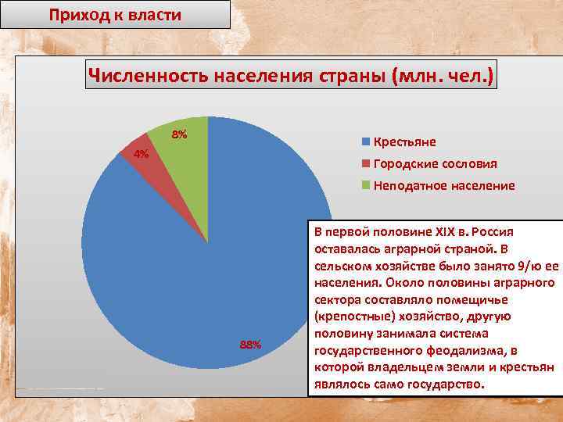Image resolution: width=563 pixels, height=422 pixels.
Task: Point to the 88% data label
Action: [x=250, y=345]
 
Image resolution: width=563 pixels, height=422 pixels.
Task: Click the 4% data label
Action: [x=142, y=154]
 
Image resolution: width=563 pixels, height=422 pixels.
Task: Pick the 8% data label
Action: [x=179, y=135]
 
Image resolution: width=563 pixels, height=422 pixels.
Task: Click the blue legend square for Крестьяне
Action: [x=365, y=141]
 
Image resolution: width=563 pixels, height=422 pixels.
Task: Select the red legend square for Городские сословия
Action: [x=365, y=163]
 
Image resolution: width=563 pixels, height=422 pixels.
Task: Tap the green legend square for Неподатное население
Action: [x=365, y=185]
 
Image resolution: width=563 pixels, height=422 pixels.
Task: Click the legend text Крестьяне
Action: [x=405, y=141]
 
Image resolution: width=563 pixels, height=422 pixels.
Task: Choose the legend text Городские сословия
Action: [x=435, y=163]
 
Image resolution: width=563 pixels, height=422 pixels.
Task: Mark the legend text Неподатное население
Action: [x=444, y=185]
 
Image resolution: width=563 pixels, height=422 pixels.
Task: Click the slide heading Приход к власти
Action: [x=114, y=14]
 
